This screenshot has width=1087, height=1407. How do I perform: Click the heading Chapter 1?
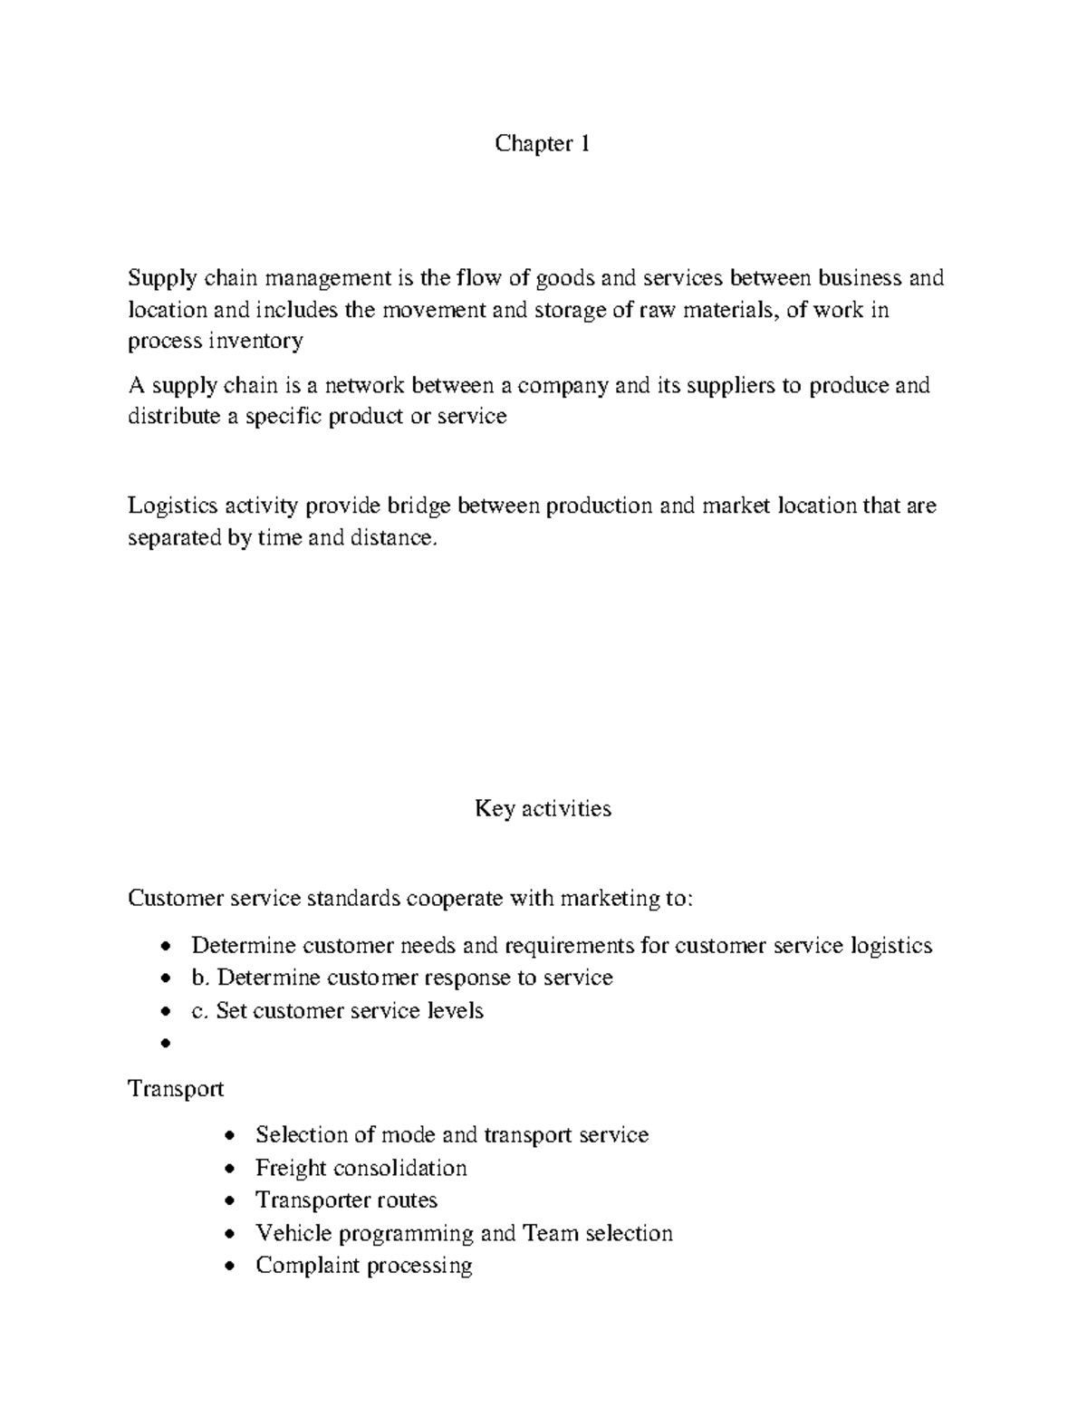pyautogui.click(x=542, y=143)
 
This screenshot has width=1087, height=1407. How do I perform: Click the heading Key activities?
pyautogui.click(x=543, y=808)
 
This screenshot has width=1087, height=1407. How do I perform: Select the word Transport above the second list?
pyautogui.click(x=176, y=1088)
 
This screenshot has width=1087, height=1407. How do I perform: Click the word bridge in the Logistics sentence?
pyautogui.click(x=418, y=506)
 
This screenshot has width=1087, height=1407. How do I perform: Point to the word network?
pyautogui.click(x=364, y=386)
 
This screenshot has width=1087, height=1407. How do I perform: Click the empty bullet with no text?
pyautogui.click(x=165, y=1044)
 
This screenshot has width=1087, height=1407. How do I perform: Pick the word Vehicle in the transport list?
pyautogui.click(x=288, y=1233)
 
